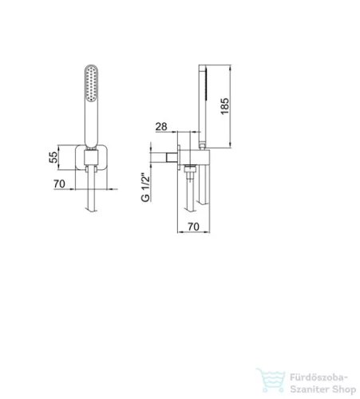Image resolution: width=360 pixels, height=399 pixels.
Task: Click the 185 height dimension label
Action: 225,106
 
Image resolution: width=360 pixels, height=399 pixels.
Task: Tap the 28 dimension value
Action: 161,127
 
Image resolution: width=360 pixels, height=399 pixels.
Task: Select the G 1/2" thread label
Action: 145,188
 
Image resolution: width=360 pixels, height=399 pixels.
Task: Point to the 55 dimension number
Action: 53,157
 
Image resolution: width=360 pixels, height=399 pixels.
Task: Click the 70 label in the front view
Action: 59,184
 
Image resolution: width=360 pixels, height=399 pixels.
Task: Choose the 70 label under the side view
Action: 193,227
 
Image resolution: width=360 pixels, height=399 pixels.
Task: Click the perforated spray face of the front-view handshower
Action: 91,84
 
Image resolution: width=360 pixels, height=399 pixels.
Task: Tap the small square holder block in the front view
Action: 91,157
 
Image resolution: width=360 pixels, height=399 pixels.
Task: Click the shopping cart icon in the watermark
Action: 271,380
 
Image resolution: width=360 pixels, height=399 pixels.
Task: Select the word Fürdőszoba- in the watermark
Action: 318,377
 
